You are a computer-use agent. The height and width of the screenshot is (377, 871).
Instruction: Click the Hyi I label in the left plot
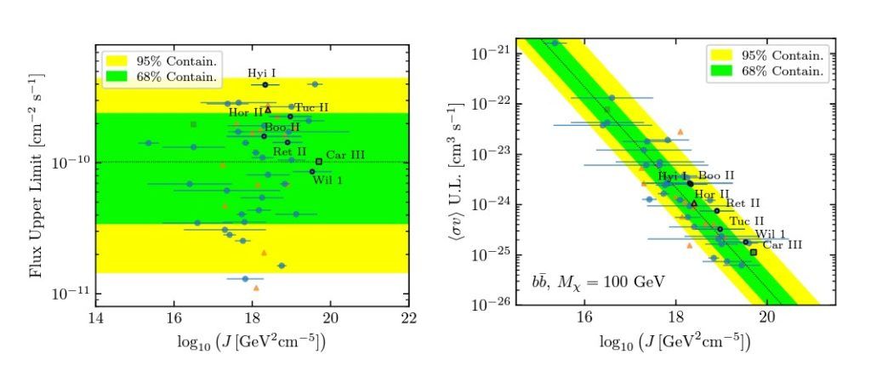[263, 73]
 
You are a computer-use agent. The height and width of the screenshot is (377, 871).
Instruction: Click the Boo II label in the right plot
[716, 175]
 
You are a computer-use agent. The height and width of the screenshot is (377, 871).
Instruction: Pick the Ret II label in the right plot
[743, 203]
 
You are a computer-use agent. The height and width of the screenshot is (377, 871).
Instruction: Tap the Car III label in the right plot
[783, 245]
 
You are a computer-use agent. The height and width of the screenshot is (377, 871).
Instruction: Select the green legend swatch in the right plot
[724, 71]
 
